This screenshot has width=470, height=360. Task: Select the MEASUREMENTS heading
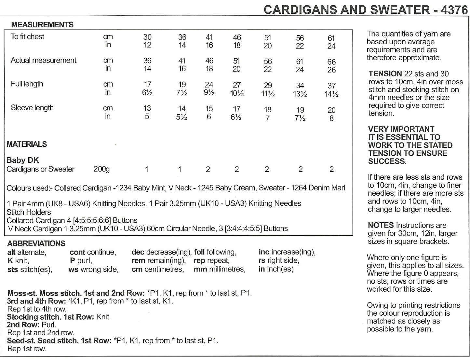42,25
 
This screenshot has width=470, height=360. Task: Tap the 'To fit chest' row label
27,37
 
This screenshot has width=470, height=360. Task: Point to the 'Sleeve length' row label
32,108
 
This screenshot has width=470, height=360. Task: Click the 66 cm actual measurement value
331,62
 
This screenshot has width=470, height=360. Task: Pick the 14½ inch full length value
331,94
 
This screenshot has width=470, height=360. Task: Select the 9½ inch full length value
209,93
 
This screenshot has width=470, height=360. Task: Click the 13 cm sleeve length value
147,108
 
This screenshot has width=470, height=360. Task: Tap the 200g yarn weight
101,169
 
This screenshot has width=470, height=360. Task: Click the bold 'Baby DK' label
23,160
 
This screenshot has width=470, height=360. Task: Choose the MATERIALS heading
27,144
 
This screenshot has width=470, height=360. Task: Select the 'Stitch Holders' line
29,212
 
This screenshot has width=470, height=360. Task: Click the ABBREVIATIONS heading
36,243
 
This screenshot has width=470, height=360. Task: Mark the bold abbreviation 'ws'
73,270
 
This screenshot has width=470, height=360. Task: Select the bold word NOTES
381,225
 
